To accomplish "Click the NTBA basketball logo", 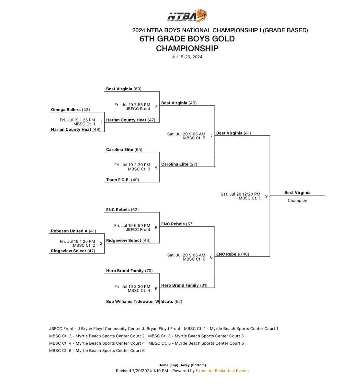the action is pyautogui.click(x=187, y=16).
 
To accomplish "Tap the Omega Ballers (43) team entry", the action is pyautogui.click(x=71, y=110).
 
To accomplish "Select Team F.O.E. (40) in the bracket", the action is pyautogui.click(x=122, y=180).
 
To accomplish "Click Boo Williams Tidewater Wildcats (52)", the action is pyautogui.click(x=144, y=301).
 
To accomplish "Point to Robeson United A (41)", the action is pyautogui.click(x=73, y=231).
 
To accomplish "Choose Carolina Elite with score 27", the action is pyautogui.click(x=179, y=164).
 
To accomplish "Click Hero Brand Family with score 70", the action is pyautogui.click(x=129, y=271).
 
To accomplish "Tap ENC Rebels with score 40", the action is pyautogui.click(x=233, y=254).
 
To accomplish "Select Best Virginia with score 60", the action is pyautogui.click(x=124, y=89).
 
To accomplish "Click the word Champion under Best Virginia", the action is pyautogui.click(x=298, y=200).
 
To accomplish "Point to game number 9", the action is pyautogui.click(x=266, y=196).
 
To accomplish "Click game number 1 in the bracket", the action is pyautogui.click(x=101, y=122).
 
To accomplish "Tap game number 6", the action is pyautogui.click(x=156, y=288).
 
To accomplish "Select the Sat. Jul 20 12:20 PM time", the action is pyautogui.click(x=241, y=194).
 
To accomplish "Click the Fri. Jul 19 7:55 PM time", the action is pyautogui.click(x=132, y=105).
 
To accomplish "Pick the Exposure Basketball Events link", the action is pyautogui.click(x=222, y=371).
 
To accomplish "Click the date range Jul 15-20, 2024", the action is pyautogui.click(x=187, y=57).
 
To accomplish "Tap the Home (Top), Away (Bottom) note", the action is pyautogui.click(x=182, y=365).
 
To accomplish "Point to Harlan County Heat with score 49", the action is pyautogui.click(x=76, y=130).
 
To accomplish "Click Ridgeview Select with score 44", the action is pyautogui.click(x=128, y=241).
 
